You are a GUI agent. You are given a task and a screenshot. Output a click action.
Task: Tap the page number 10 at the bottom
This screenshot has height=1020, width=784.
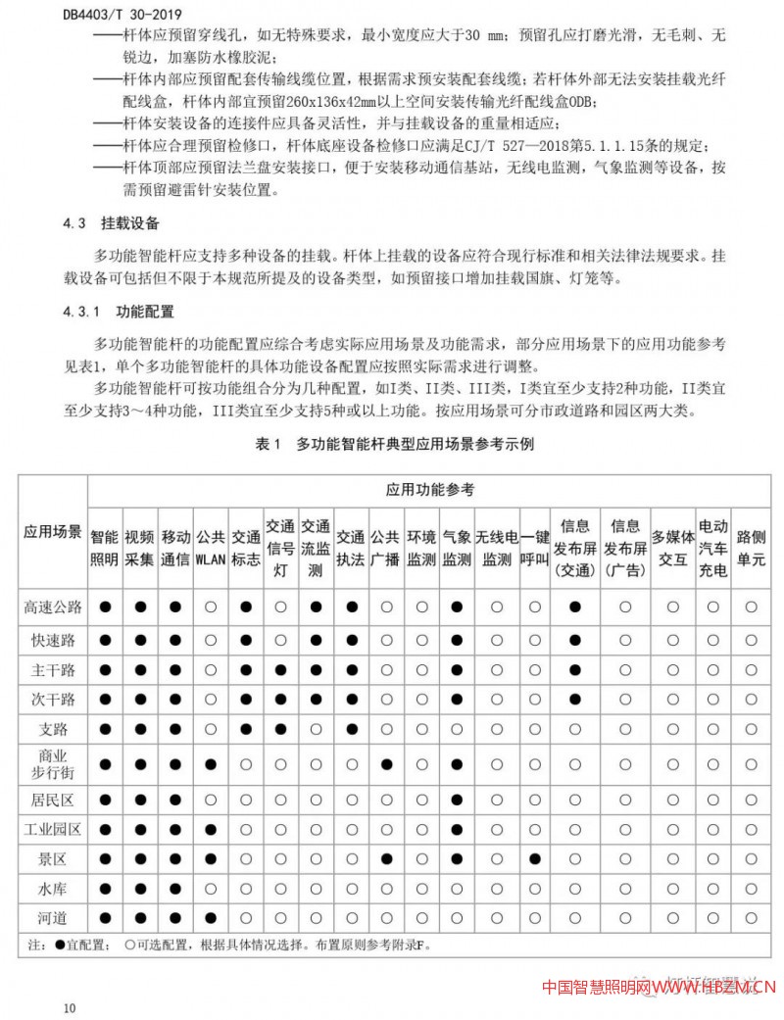[x=68, y=1008]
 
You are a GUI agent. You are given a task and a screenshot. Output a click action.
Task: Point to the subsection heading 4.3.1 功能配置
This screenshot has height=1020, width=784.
[x=119, y=313]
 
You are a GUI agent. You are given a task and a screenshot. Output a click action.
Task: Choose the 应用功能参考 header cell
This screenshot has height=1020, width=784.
[x=429, y=489]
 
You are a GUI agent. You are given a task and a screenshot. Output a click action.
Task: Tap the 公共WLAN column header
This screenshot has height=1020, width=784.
[x=210, y=549]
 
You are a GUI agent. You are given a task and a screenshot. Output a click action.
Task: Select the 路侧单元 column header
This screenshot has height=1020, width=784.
[x=751, y=549]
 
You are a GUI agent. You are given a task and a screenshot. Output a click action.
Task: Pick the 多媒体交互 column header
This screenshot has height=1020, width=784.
[x=672, y=549]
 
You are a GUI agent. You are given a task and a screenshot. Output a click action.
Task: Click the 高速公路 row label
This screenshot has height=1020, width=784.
[x=53, y=607]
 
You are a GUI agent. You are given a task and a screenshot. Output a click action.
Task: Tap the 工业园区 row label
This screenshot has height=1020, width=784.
[x=53, y=829]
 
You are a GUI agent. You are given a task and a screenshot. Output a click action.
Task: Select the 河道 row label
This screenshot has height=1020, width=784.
[x=53, y=920]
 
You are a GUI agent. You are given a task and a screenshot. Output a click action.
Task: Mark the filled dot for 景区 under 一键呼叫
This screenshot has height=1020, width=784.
[x=534, y=859]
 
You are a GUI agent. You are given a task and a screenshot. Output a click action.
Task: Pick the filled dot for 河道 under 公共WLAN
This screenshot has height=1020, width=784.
[x=210, y=920]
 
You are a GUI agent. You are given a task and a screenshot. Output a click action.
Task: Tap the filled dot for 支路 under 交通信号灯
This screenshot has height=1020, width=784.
[x=280, y=730]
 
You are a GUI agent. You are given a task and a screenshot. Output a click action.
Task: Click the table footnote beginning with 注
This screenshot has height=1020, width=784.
[x=225, y=947]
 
